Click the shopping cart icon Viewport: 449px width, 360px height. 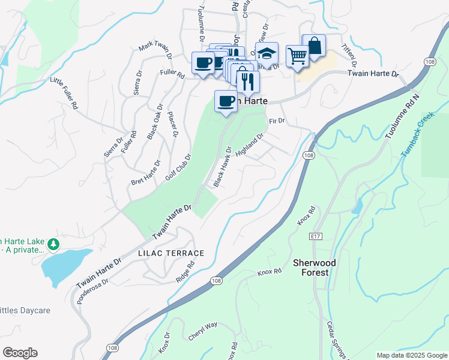[x=297, y=56]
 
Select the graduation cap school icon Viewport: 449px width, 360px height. [x=267, y=53]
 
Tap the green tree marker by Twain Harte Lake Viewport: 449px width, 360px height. [x=54, y=244]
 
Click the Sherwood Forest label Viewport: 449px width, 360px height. [x=314, y=268]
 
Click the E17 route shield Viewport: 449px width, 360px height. [x=316, y=237]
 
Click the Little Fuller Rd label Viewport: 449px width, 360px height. [x=64, y=93]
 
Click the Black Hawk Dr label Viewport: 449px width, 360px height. [x=220, y=166]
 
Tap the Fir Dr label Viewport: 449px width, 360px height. [x=276, y=121]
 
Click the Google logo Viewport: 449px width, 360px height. [x=20, y=353]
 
